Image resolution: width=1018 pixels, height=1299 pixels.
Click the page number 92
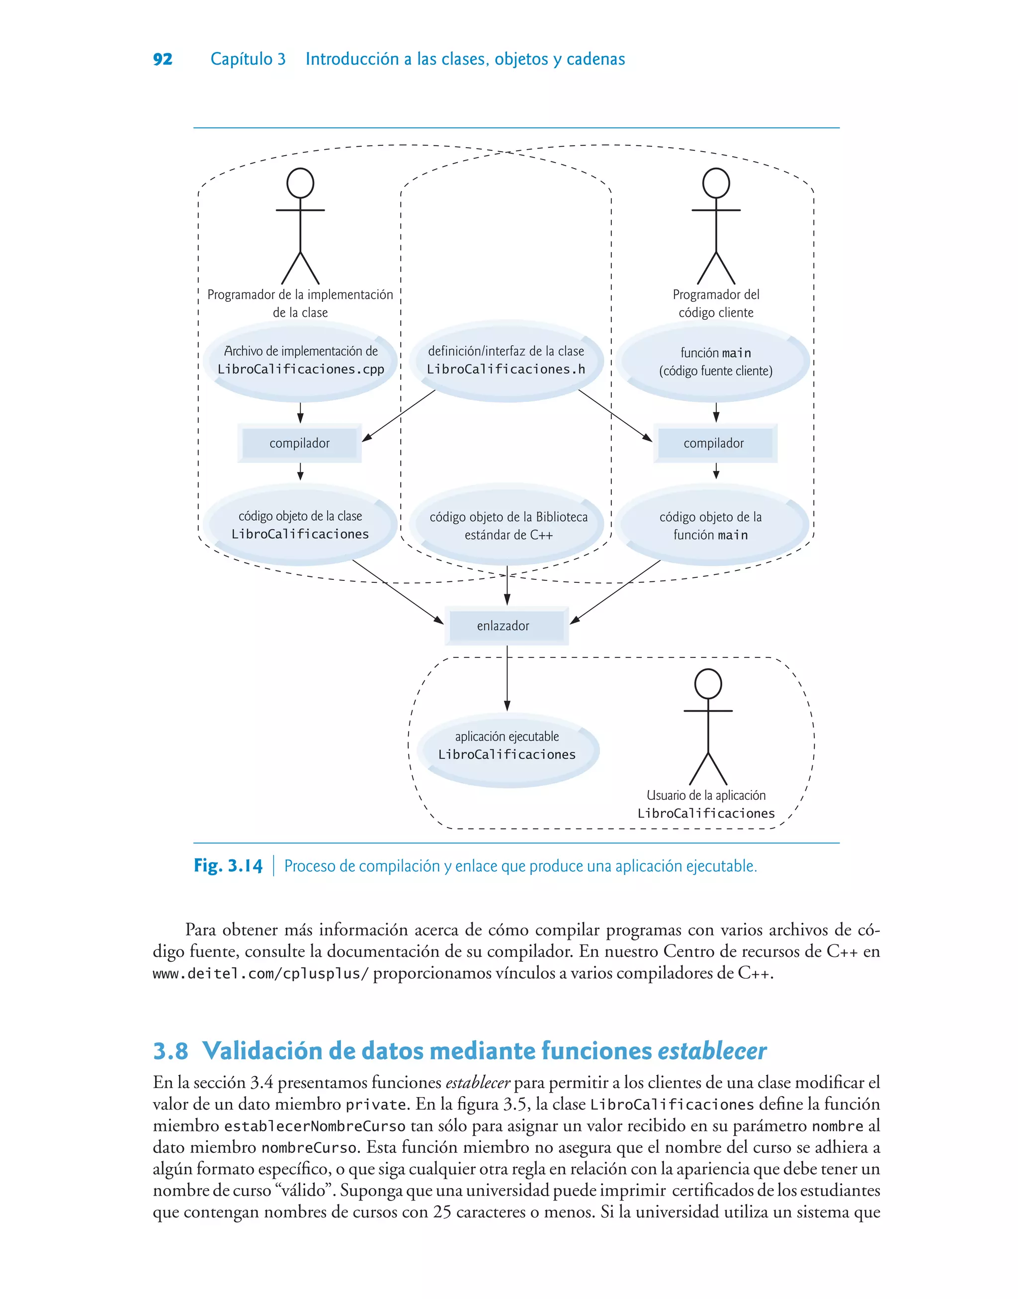163,59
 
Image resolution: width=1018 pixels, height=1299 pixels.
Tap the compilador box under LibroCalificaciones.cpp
299,443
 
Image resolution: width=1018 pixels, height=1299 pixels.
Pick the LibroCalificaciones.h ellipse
506,361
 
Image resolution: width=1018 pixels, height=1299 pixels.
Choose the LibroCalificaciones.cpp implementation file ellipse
300,361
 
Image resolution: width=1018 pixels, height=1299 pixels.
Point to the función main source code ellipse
715,362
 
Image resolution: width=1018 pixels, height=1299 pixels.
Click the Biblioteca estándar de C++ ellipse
508,525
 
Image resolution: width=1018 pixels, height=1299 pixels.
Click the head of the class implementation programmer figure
300,183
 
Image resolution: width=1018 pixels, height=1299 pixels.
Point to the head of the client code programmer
716,183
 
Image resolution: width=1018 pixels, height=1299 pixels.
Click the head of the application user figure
708,683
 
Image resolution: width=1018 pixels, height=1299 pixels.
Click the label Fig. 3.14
228,866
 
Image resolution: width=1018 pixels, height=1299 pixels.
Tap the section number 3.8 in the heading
170,1051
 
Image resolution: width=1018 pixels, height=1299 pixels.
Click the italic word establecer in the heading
712,1051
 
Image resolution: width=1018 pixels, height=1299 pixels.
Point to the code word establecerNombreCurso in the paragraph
315,1126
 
